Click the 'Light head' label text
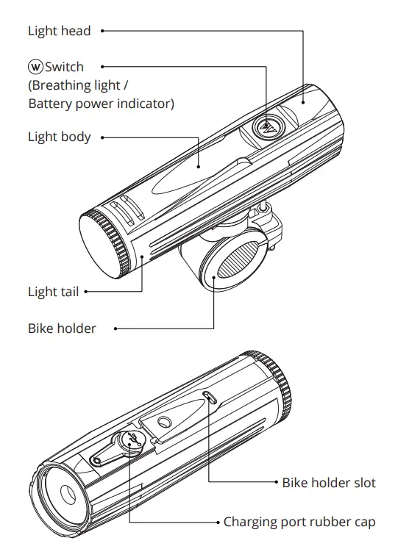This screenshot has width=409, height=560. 60,31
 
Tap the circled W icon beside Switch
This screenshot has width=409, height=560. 35,67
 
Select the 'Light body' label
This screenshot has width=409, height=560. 60,137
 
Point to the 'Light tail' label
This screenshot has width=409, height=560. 53,292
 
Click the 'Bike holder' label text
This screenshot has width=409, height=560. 62,329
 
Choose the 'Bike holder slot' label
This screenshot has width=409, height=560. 329,483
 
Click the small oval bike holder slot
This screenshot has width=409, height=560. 210,398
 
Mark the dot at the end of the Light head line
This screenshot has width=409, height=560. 102,31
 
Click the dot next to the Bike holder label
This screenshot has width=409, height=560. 115,329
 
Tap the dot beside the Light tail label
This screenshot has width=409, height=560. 86,292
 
